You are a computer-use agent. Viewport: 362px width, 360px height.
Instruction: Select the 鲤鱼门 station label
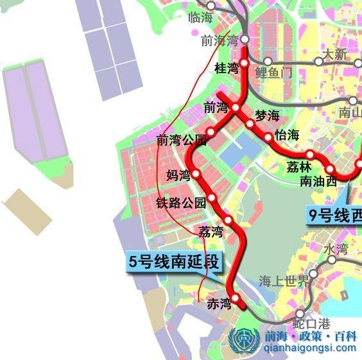[x=273, y=72]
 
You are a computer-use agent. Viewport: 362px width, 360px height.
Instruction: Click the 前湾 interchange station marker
[x=236, y=107]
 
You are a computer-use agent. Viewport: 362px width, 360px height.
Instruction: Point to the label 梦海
[x=268, y=116]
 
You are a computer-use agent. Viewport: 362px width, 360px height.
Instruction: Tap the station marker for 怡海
[x=268, y=137]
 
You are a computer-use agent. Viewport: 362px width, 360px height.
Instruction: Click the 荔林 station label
[x=300, y=166]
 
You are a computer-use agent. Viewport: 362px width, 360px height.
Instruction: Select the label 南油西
[x=318, y=181]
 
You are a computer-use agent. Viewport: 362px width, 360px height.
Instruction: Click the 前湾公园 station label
[x=182, y=140]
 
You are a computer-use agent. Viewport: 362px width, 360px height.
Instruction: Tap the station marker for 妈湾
[x=196, y=173]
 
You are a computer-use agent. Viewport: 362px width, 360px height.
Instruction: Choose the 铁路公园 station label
[x=181, y=203]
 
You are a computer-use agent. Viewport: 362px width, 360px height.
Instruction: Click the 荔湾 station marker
[x=227, y=220]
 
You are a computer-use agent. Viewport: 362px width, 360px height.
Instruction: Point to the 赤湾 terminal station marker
[x=235, y=298]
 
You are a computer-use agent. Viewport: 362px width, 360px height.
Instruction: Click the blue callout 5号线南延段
[x=174, y=262]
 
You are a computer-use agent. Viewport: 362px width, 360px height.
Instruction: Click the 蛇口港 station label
[x=311, y=323]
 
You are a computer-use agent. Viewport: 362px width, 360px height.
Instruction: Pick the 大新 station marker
[x=318, y=62]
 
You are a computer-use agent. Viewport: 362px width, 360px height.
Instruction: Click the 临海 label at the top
[x=200, y=17]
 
